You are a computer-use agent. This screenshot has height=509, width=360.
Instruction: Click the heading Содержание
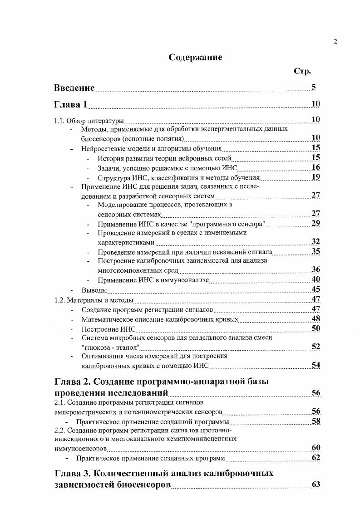pos(195,58)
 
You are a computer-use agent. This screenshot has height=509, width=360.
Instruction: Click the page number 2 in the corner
pos(335,42)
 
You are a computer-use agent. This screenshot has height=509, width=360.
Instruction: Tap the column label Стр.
pos(303,71)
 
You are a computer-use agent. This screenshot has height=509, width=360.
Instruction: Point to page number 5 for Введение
pos(314,88)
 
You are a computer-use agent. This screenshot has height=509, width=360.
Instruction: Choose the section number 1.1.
pos(59,121)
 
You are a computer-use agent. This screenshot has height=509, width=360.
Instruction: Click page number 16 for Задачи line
pos(316,167)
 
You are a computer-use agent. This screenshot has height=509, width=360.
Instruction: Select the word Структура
pos(113,177)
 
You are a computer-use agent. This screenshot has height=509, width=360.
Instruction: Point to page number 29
pos(316,223)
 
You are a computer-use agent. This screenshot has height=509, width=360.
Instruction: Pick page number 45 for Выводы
pos(316,289)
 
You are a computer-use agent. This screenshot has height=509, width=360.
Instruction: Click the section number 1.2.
pos(59,300)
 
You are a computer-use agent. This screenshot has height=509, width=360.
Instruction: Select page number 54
pos(316,365)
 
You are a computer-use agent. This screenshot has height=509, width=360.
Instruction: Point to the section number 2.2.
pos(59,430)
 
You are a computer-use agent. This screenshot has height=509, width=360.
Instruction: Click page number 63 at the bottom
pos(316,485)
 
